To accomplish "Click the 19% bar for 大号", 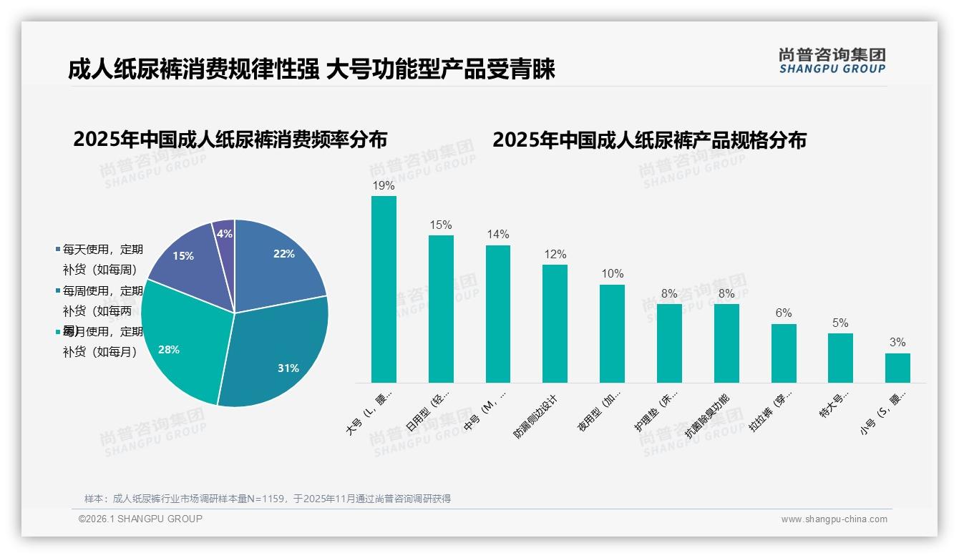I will (384, 290).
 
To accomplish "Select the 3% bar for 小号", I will (897, 368).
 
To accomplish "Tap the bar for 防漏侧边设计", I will (555, 323).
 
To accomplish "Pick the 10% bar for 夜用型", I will (612, 333).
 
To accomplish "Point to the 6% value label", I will (784, 313).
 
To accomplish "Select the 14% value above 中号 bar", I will (498, 235).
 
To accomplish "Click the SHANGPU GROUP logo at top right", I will (832, 61).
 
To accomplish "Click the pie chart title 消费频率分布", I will (230, 139).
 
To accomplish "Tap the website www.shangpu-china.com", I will (834, 519).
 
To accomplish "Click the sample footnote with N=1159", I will (268, 499).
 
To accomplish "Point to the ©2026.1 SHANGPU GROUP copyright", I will (140, 519).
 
